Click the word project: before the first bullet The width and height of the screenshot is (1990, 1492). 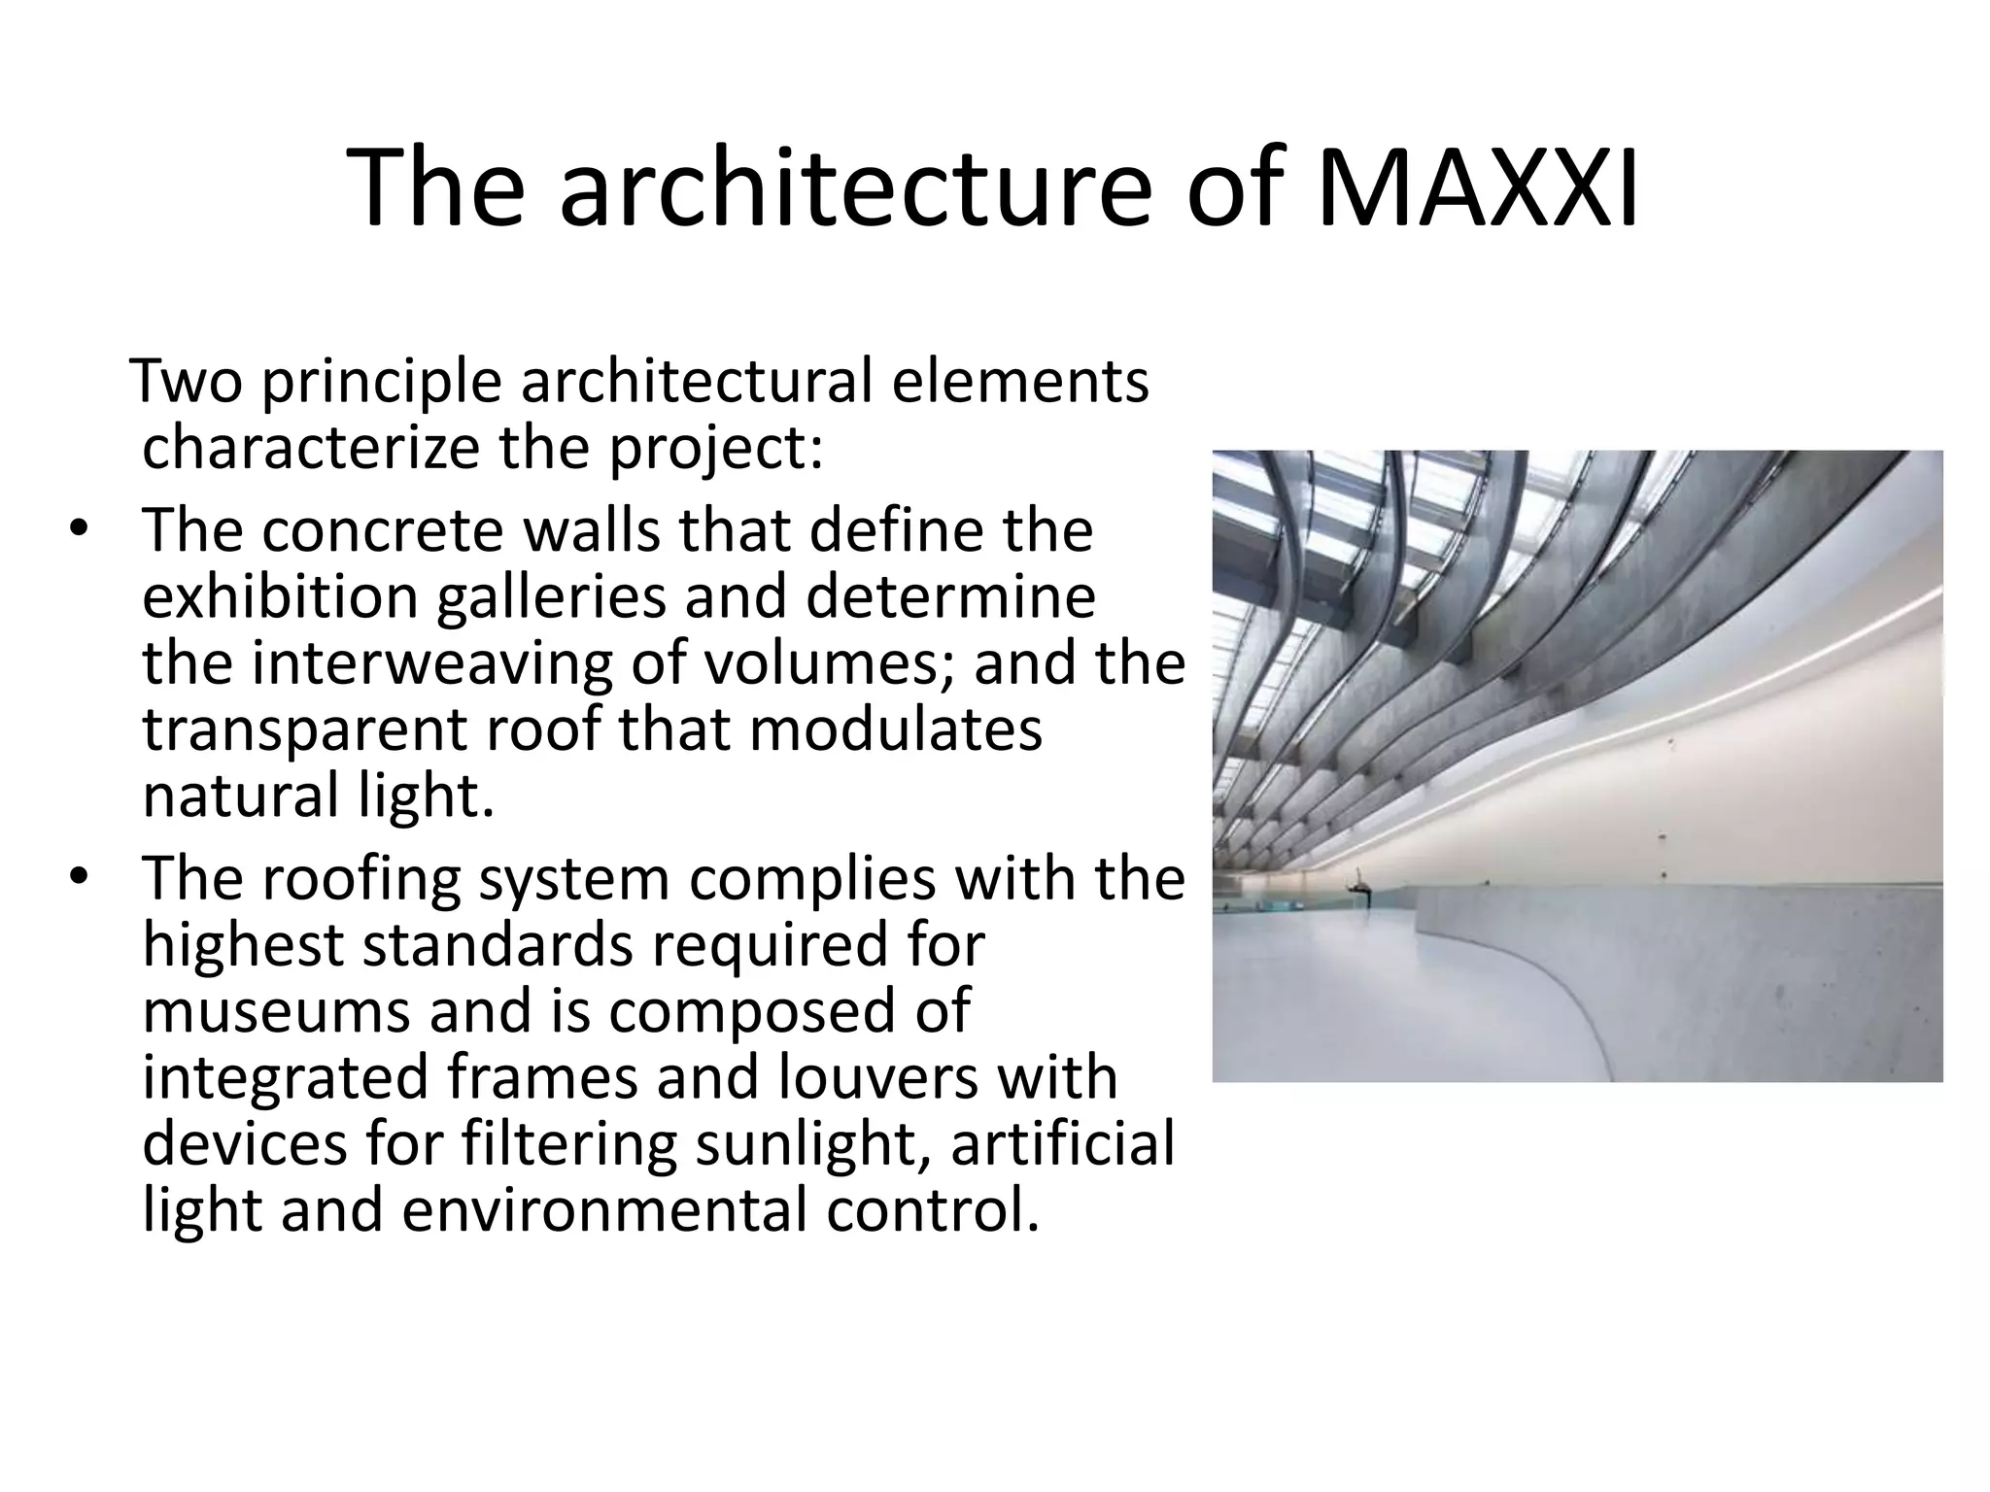tap(716, 449)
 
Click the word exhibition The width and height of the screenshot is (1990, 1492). tap(279, 596)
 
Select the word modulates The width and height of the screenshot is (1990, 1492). tap(895, 729)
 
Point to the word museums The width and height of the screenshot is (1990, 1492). tap(273, 1010)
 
